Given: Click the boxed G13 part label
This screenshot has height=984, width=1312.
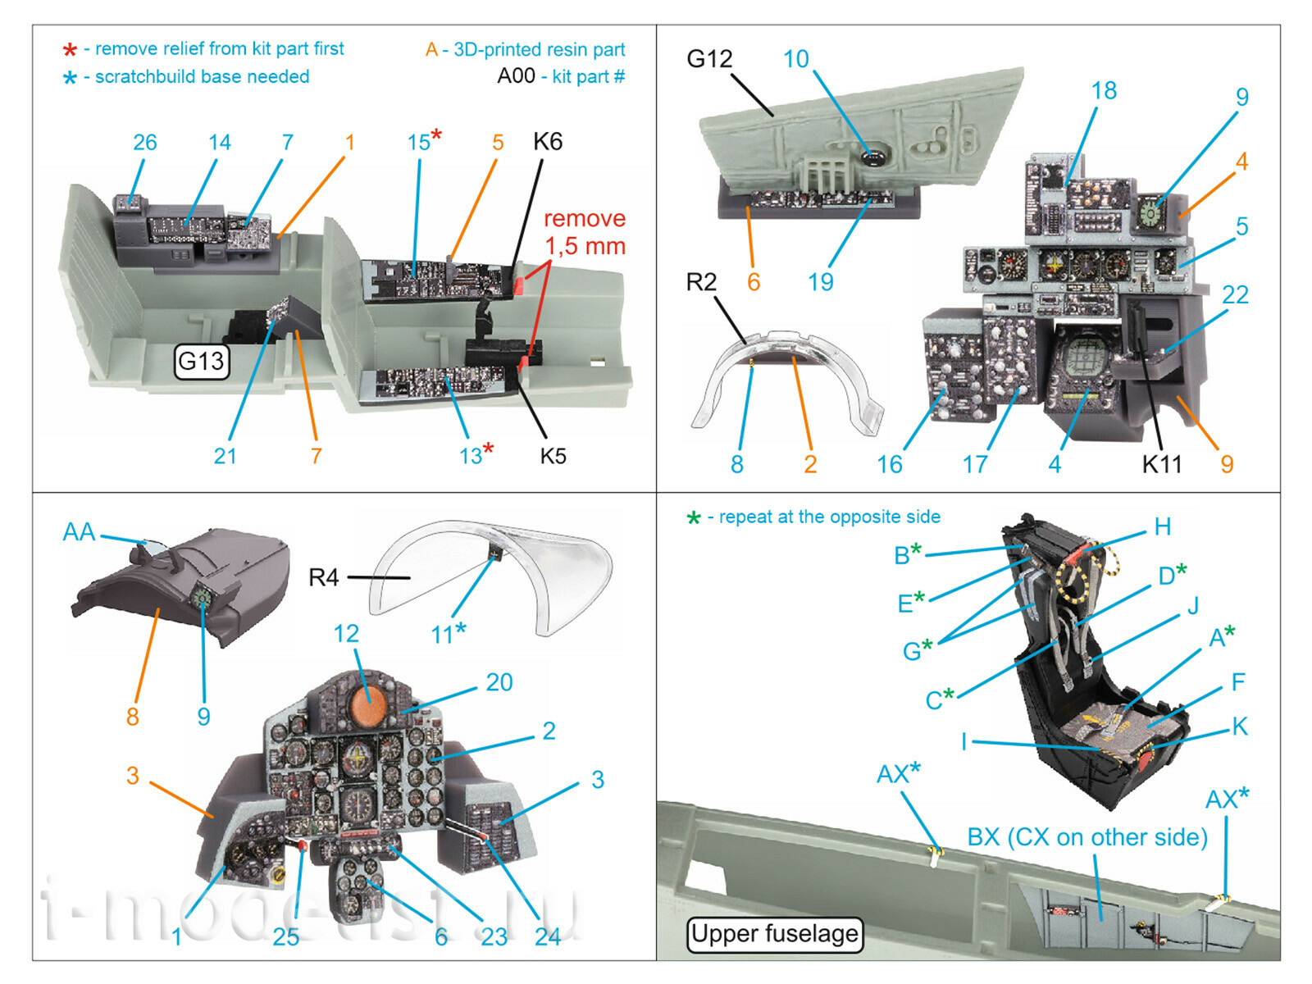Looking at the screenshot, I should tap(201, 361).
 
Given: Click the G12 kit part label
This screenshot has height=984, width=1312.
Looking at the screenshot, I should tap(709, 59).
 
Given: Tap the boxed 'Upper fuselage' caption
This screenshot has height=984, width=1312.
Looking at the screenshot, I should tap(774, 934).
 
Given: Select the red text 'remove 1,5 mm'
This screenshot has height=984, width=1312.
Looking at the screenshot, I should tap(585, 232).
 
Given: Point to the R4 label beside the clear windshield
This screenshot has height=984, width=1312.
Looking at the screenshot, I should tap(323, 578).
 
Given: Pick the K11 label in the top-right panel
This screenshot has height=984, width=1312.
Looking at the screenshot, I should tap(1162, 465).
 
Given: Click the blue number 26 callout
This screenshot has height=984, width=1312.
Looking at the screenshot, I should tap(144, 143).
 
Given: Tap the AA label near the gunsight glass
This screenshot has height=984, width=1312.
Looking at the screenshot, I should tap(79, 532).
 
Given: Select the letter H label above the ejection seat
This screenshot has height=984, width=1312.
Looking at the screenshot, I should tap(1162, 527).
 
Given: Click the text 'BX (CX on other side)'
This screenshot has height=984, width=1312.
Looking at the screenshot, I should tap(1087, 837).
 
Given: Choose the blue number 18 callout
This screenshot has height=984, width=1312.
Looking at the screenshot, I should tap(1104, 91).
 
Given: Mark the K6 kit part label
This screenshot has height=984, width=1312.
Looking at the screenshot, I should tap(548, 142).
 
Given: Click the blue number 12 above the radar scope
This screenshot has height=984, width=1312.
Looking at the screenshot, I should tap(346, 634).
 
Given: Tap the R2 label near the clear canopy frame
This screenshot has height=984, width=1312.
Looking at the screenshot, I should tap(701, 282).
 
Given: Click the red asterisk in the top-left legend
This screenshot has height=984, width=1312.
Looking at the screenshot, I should tap(71, 50).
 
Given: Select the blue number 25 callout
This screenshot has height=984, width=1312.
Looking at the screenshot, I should tap(285, 936).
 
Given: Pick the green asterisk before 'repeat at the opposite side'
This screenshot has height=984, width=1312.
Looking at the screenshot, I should tap(694, 518).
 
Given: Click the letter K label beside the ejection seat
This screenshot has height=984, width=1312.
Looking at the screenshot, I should tap(1239, 726).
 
